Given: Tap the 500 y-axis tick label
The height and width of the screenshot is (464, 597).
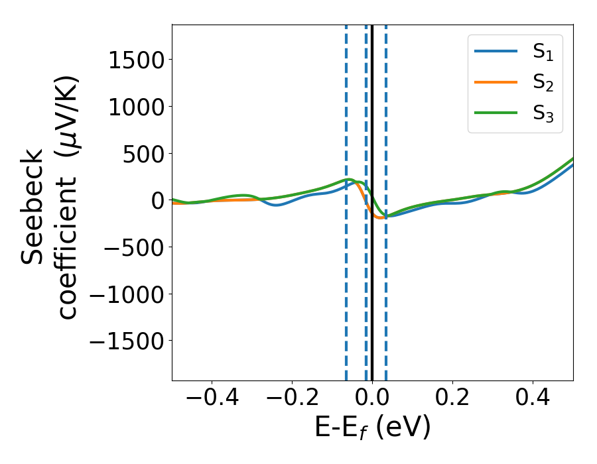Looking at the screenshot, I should pos(146,153).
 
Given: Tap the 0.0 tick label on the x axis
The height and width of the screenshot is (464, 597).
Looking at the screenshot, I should pos(372,400).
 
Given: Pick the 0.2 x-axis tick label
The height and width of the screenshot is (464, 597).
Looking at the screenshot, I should pos(452,400).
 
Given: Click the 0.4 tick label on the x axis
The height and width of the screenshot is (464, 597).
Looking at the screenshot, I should pos(533,400).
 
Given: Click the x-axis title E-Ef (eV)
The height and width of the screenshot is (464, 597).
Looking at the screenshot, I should pos(372,428).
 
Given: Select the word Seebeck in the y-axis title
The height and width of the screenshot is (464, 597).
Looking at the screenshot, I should pos(33,207).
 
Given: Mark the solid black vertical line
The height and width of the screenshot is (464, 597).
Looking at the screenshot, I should pos(372,298).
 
